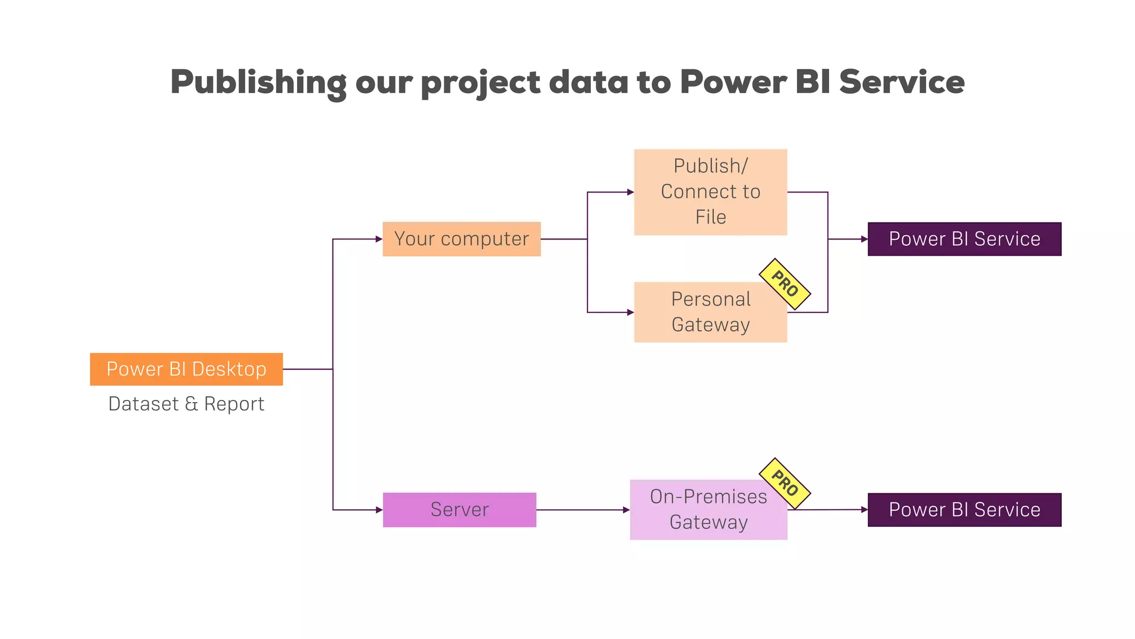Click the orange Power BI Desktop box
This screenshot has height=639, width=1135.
point(186,369)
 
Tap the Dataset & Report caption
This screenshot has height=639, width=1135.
point(186,404)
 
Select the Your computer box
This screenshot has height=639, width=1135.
point(461,239)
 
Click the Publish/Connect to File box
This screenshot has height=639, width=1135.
point(710,192)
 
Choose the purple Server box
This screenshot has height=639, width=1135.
point(459,510)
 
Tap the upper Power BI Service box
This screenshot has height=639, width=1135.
point(964,239)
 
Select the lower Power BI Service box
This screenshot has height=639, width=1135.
point(964,510)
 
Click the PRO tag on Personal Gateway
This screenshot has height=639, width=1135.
point(784,284)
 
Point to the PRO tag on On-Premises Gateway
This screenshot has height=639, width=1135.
point(784,483)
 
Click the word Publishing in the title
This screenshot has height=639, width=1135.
point(258,82)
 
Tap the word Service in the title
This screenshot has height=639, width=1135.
point(902,82)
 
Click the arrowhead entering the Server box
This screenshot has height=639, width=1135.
point(379,510)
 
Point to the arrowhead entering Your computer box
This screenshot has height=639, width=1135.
point(379,239)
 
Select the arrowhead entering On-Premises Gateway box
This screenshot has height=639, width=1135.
point(626,510)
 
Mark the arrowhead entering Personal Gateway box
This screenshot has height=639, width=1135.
point(630,312)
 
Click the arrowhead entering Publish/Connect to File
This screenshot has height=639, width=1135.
point(630,192)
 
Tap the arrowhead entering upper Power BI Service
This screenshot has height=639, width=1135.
point(864,239)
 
